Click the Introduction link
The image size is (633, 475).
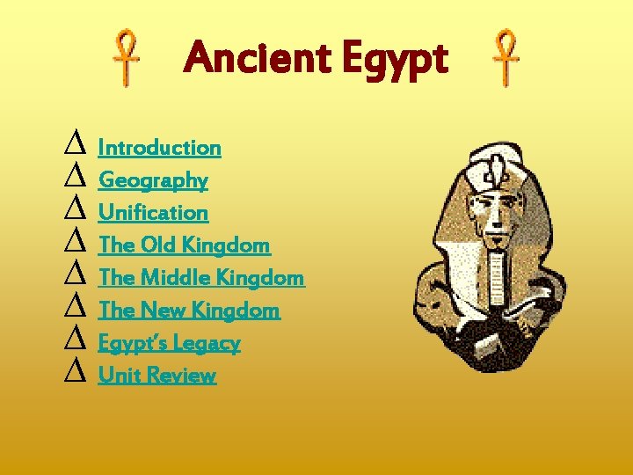[x=159, y=148]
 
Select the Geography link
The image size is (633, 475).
[x=153, y=180]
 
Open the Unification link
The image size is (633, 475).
[x=153, y=213]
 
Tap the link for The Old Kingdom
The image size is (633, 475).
[x=184, y=245]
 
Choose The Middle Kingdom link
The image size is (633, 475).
[x=201, y=278]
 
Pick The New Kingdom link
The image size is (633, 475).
[x=189, y=311]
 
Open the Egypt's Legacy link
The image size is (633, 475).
[x=169, y=343]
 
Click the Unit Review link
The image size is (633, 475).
[x=156, y=376]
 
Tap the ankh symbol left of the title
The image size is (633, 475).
[x=129, y=59]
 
